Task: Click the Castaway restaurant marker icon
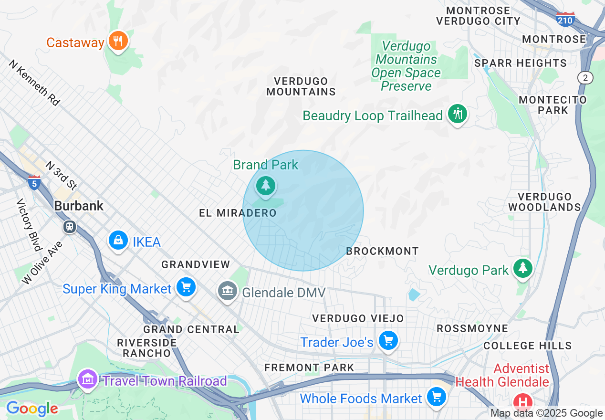coord(117,41)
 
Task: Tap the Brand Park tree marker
coord(265,185)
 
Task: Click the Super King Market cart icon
coord(186,287)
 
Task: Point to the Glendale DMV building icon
coord(228,291)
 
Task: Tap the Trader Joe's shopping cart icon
coord(388,341)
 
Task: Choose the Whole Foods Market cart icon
coord(436,397)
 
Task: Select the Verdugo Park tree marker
coord(523,268)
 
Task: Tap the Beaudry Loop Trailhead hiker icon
coord(458,114)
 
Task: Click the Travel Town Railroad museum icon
coord(87,379)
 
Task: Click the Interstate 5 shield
coord(34,183)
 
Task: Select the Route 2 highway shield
coord(584,78)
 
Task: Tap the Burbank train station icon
coord(70,226)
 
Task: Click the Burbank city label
coord(79,206)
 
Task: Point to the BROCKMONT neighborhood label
coord(382,251)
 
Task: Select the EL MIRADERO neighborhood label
coord(238,213)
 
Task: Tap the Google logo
coord(32,409)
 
